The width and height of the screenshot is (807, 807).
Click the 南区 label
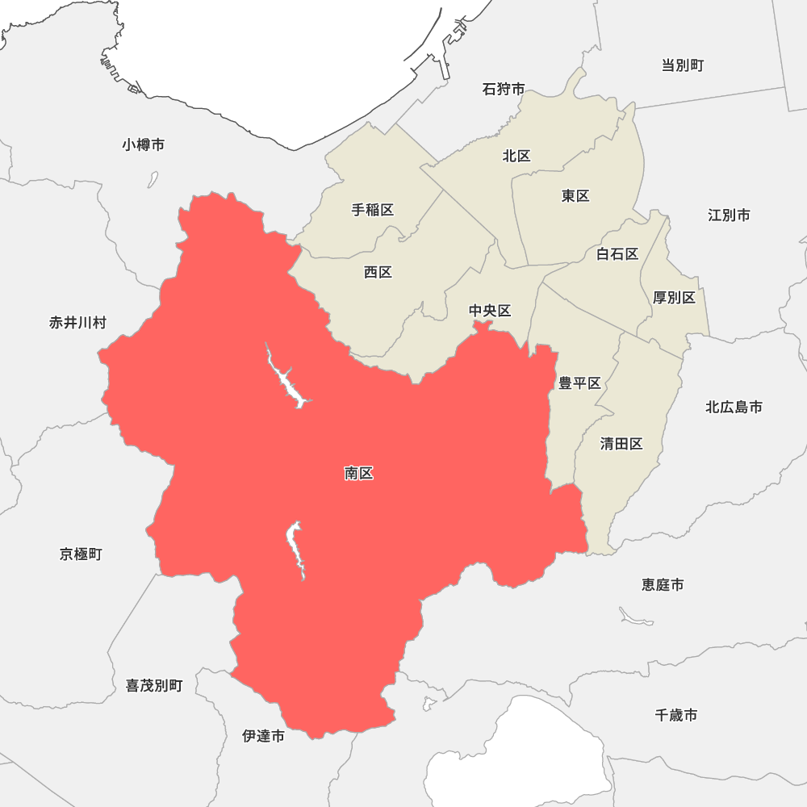pyautogui.click(x=358, y=474)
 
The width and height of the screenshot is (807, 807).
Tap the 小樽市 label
pyautogui.click(x=144, y=144)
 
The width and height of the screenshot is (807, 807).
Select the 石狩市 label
pyautogui.click(x=504, y=89)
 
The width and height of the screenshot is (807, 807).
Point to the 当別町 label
pyautogui.click(x=683, y=65)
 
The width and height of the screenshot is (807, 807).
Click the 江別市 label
pyautogui.click(x=729, y=215)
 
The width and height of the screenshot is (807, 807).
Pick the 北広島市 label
pyautogui.click(x=734, y=407)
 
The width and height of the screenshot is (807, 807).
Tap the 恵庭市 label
pyautogui.click(x=663, y=584)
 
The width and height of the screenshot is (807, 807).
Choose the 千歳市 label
pyautogui.click(x=676, y=714)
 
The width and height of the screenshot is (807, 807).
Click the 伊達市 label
pyautogui.click(x=263, y=735)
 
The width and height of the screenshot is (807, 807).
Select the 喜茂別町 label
pyautogui.click(x=154, y=685)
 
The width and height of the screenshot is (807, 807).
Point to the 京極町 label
pyautogui.click(x=81, y=554)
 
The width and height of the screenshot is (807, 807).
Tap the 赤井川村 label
pyautogui.click(x=77, y=323)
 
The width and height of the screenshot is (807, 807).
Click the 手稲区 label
pyautogui.click(x=373, y=210)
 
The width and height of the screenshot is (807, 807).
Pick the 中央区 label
pyautogui.click(x=491, y=311)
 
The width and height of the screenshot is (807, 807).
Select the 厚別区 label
pyautogui.click(x=674, y=297)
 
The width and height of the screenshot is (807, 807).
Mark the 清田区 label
pyautogui.click(x=621, y=443)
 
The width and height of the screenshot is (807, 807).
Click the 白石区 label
pyautogui.click(x=617, y=254)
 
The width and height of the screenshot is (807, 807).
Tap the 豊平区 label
pyautogui.click(x=579, y=383)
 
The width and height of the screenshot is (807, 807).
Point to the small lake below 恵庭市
pyautogui.click(x=636, y=618)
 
